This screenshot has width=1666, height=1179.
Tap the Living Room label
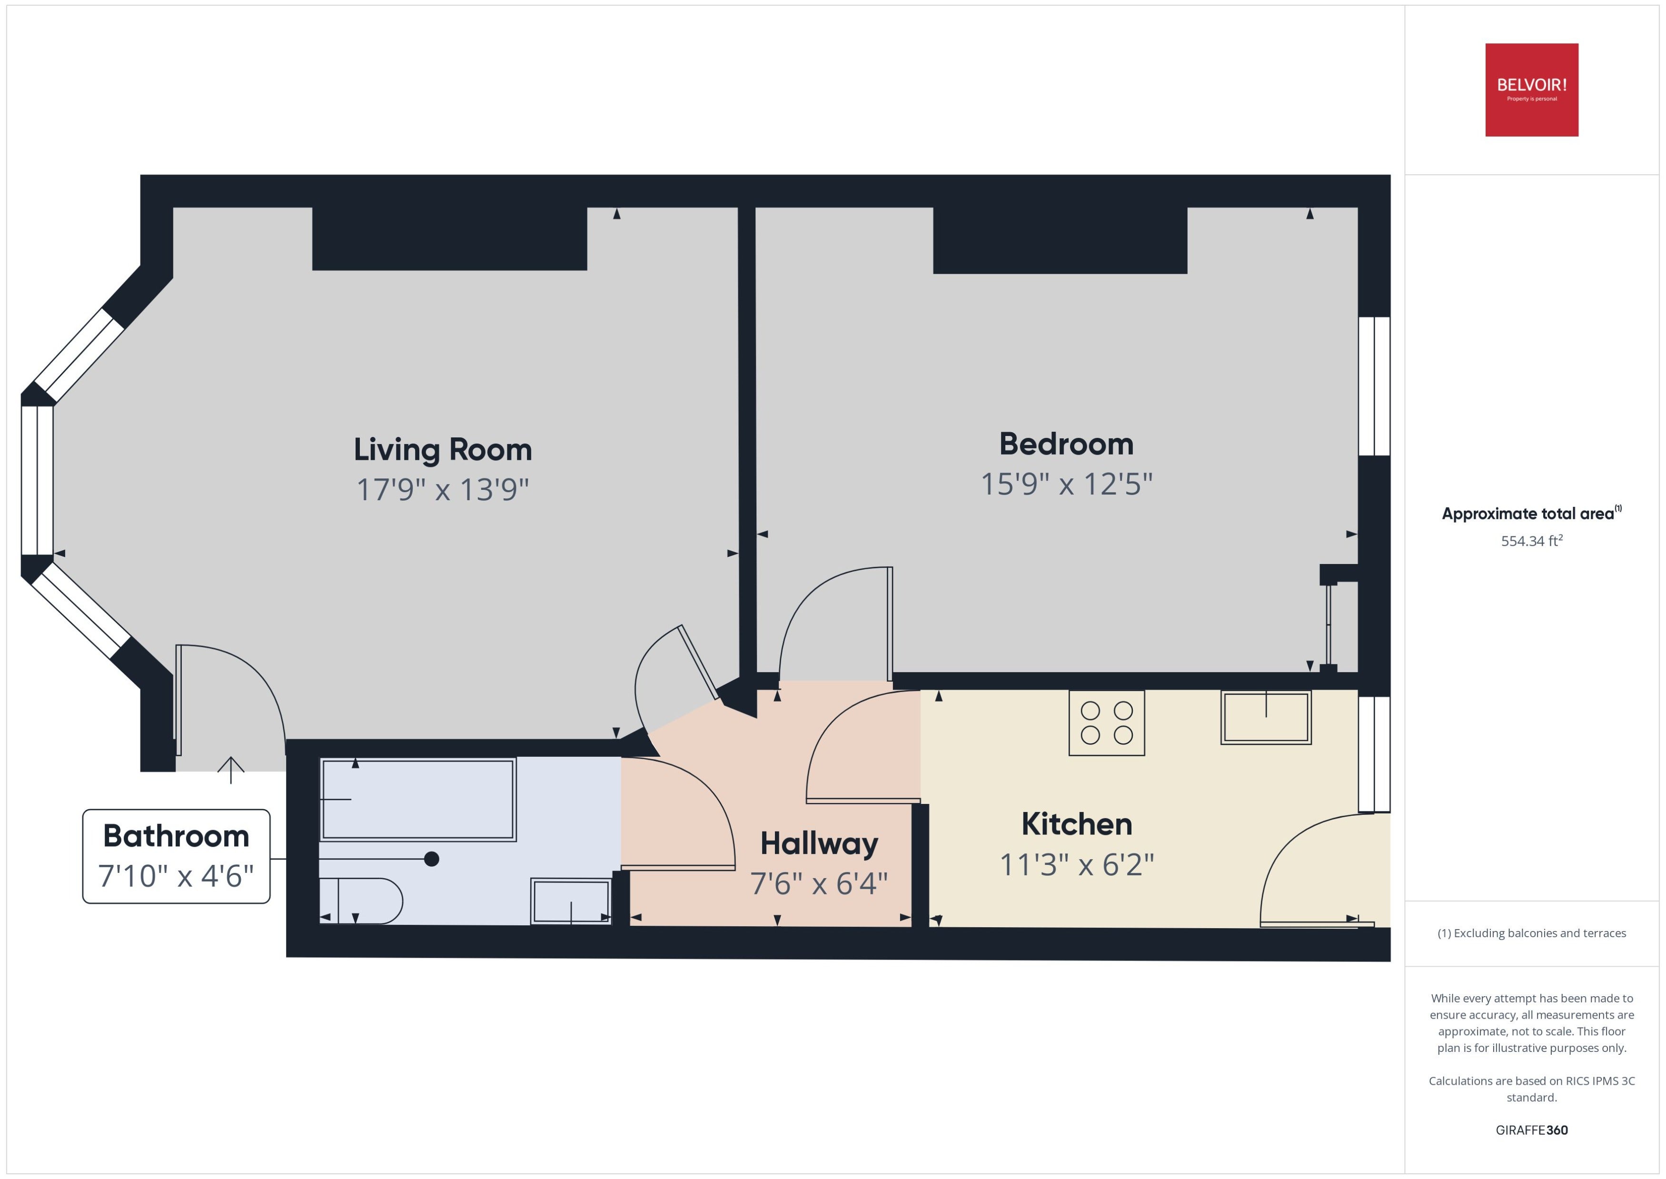443,449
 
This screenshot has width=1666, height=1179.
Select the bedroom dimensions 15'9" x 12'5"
1066,484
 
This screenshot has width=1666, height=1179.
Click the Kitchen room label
1077,824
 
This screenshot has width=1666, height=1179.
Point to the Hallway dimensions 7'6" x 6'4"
819,883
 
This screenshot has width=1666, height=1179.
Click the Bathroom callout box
177,856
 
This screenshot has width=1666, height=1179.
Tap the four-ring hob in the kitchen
1106,723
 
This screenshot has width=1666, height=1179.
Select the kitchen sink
1266,717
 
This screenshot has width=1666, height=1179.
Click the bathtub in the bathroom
418,799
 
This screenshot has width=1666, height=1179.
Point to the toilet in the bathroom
361,901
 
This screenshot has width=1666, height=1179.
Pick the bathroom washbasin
571,901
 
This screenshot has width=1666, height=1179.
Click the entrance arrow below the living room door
231,770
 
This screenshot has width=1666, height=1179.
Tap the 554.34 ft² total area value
1532,540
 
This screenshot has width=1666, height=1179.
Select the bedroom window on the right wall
1374,386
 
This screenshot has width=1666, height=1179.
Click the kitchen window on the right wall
1374,754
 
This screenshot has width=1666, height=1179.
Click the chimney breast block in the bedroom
1060,240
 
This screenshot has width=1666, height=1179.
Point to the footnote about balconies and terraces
1532,933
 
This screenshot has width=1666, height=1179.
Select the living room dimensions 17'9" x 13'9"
443,489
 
